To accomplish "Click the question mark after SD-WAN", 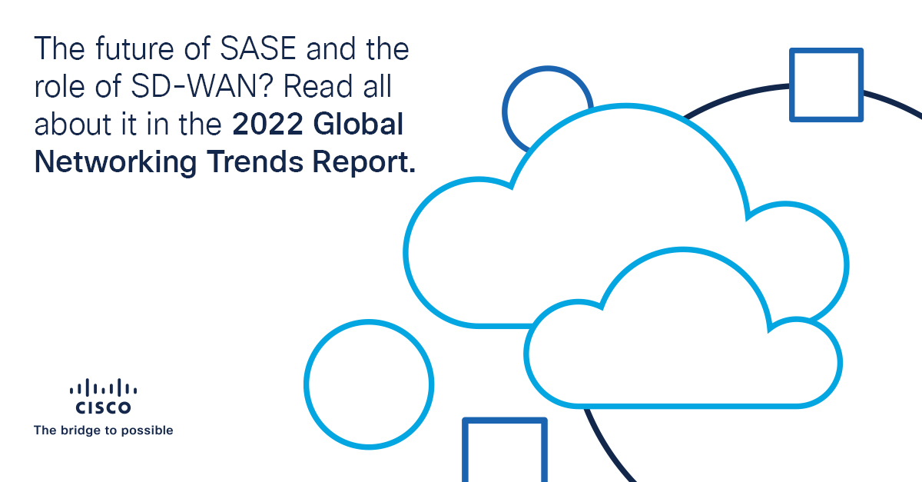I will tap(269, 88).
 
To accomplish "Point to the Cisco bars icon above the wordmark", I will tap(103, 388).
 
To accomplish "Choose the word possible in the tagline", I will tap(149, 430).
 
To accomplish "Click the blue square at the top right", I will tap(826, 85).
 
